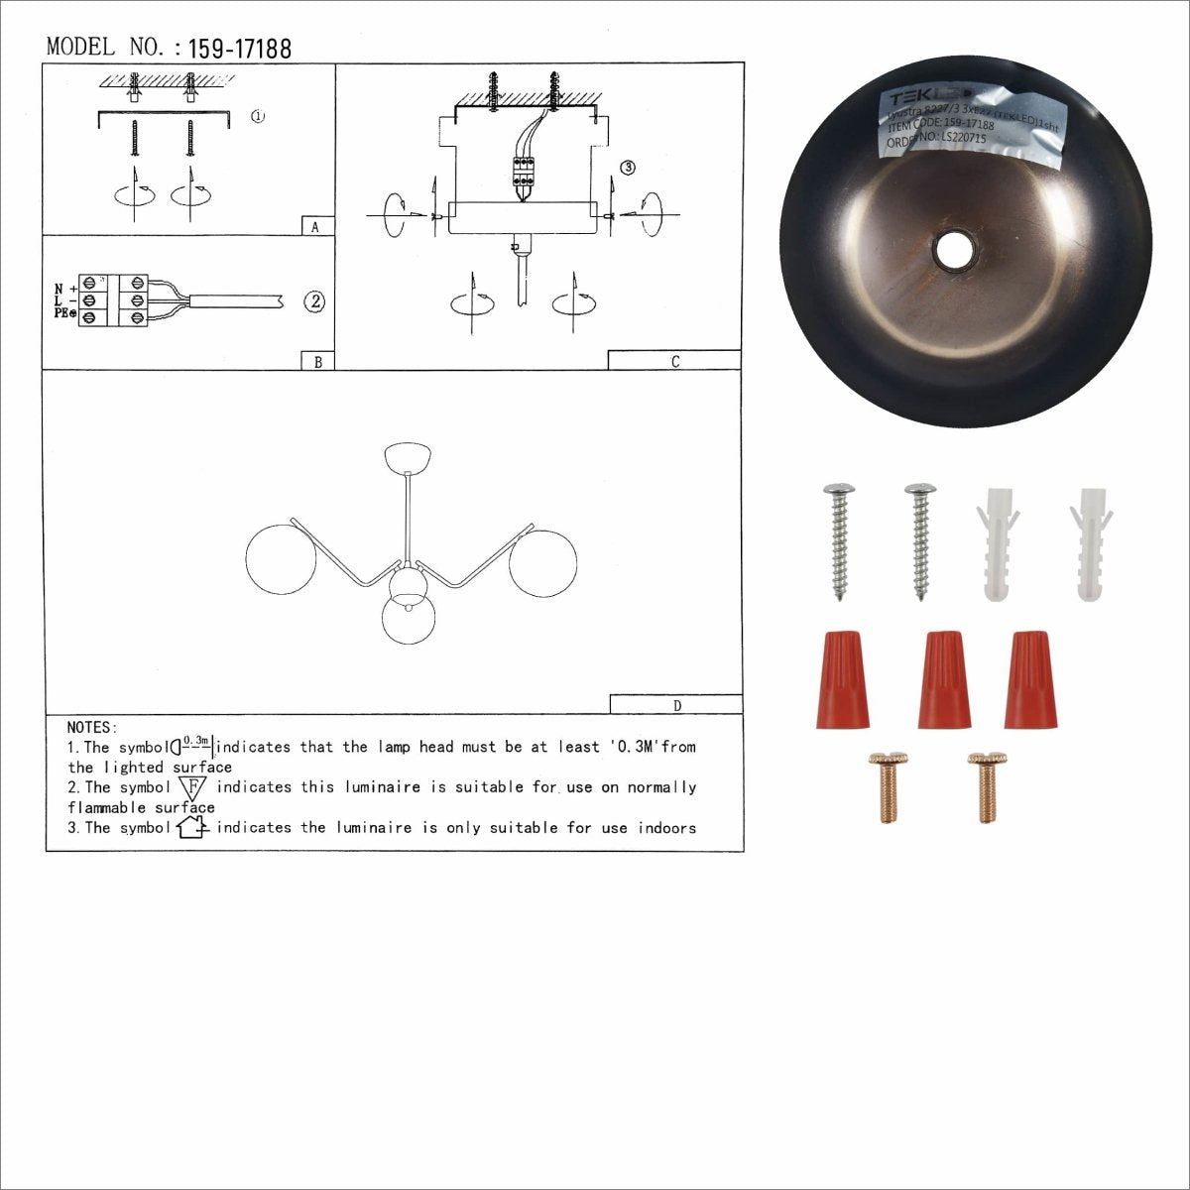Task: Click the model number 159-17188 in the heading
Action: pos(239,49)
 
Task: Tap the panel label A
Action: pos(315,227)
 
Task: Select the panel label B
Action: pos(317,362)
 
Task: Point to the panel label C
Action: pos(674,362)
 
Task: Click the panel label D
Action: pos(676,706)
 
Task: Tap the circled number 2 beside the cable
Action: pos(313,301)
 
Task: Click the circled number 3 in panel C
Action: pos(627,168)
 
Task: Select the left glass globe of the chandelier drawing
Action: pos(281,560)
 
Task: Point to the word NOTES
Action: pos(92,728)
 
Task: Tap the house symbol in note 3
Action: pos(191,827)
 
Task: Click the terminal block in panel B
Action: pos(115,300)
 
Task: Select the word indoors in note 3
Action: pos(666,828)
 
